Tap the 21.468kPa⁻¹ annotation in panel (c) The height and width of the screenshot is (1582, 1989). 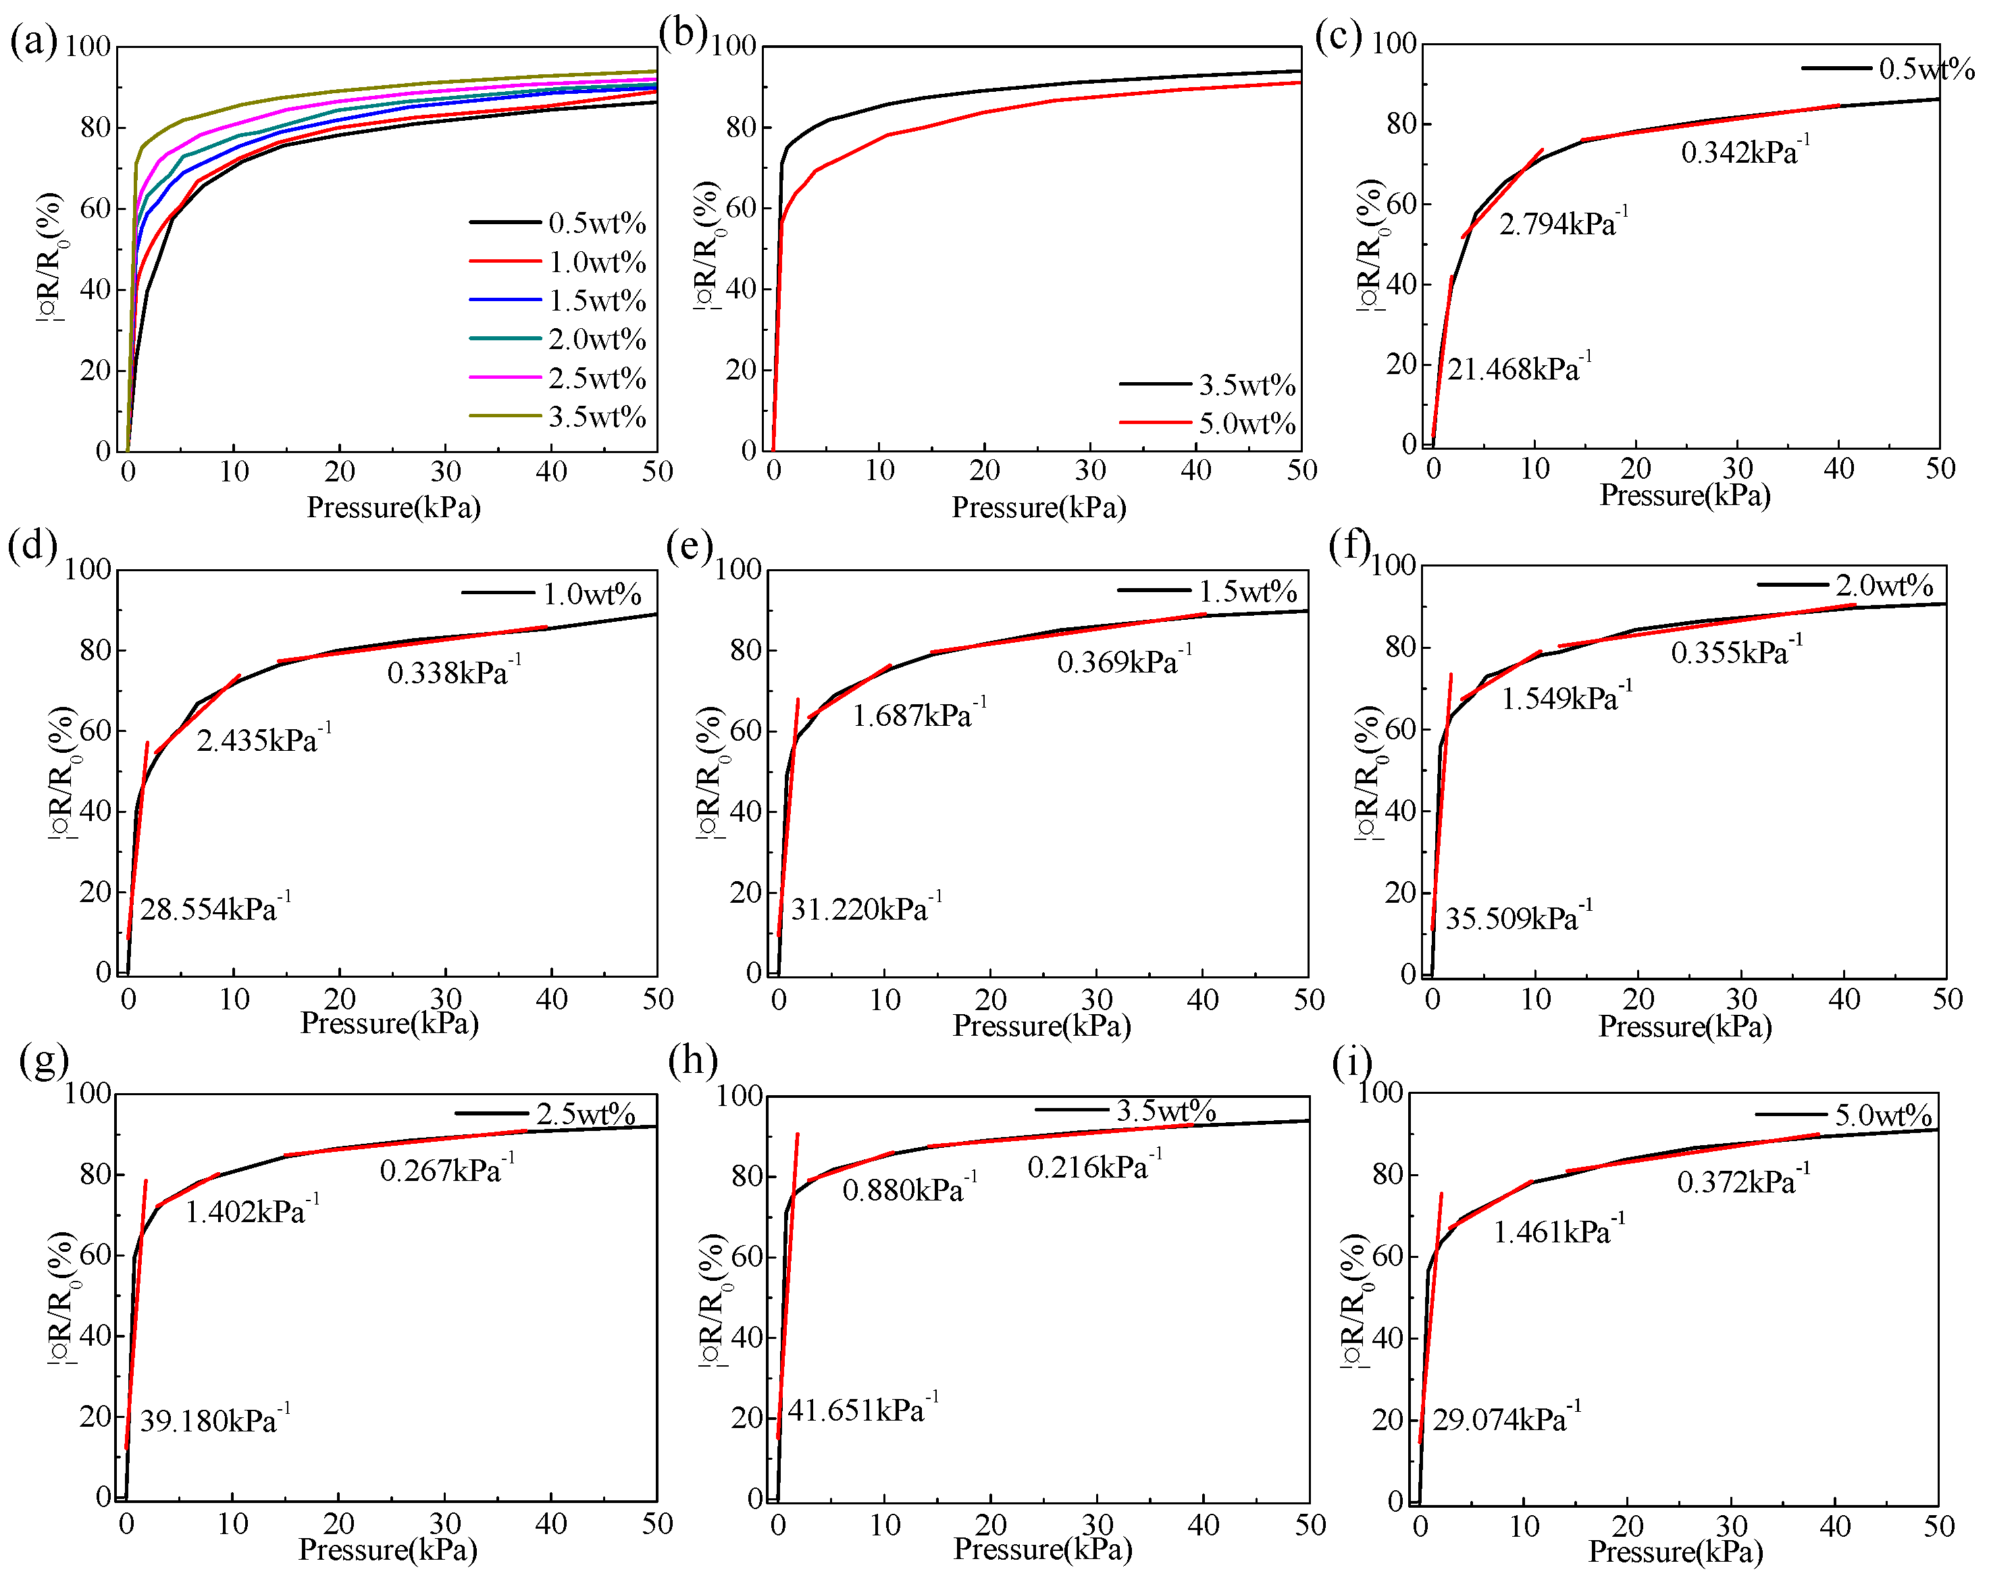pos(1518,369)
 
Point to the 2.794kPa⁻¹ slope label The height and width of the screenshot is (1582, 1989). pos(1562,224)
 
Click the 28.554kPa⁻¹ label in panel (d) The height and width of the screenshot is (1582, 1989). pos(214,909)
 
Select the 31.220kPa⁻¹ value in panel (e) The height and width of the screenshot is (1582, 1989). pos(865,909)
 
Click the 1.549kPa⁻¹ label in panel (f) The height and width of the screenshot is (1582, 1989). pos(1566,698)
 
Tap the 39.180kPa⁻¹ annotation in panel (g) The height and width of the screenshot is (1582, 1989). pos(214,1421)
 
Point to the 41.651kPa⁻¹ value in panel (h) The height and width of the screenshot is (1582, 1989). pos(862,1410)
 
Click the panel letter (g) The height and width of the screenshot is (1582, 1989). pos(43,1061)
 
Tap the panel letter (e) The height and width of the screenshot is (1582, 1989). pos(688,547)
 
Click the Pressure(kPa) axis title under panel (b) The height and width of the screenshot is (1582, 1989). pos(1038,507)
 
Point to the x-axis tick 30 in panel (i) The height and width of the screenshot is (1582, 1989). pos(1731,1527)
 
